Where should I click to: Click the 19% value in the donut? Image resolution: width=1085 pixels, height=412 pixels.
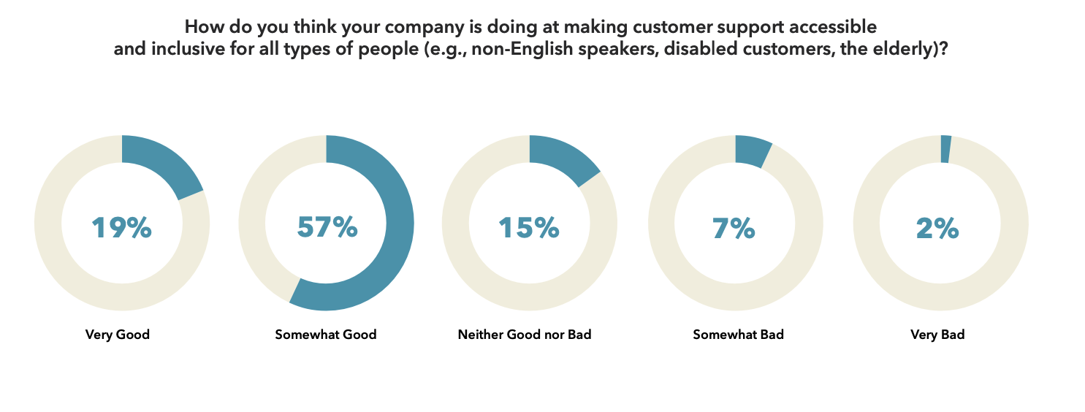pos(121,228)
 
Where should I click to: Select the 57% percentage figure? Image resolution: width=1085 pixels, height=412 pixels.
pos(327,227)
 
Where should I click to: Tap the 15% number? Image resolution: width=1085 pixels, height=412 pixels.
pos(529,228)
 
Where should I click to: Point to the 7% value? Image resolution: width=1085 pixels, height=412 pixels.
pos(734,228)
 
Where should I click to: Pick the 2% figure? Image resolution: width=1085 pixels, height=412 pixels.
pos(937,228)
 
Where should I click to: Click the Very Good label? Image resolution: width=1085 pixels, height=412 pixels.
pos(117,335)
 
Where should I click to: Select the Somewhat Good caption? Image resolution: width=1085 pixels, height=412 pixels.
pos(326,335)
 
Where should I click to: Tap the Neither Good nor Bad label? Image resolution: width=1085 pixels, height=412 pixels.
pos(525,335)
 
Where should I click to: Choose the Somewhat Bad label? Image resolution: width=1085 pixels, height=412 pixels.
pos(738,335)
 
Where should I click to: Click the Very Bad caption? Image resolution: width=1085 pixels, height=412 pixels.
pos(937,335)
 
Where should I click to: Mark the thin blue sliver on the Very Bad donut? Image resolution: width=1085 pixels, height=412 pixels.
pos(945,149)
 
